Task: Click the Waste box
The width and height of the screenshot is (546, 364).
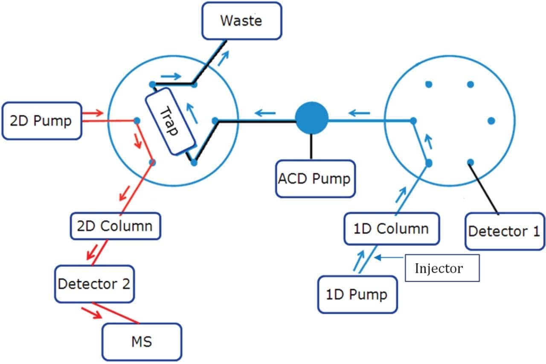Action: click(x=241, y=21)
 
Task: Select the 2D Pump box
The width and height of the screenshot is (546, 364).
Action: click(x=41, y=121)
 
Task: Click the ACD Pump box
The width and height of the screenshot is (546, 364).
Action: click(x=315, y=178)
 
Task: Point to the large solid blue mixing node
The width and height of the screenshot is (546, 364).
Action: click(x=312, y=118)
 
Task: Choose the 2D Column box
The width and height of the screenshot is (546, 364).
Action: click(x=115, y=226)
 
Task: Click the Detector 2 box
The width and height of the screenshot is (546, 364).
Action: click(x=94, y=283)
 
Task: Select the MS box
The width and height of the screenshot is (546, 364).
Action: click(x=142, y=341)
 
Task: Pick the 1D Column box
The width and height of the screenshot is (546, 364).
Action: click(x=392, y=229)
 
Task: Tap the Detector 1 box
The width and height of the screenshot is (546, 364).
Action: click(x=504, y=231)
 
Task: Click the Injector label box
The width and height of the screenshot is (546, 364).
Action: click(x=441, y=268)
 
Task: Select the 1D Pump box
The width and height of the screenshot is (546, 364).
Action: click(x=357, y=294)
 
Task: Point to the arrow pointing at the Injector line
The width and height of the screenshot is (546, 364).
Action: click(x=388, y=257)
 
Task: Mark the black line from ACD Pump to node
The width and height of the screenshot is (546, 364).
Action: click(x=312, y=146)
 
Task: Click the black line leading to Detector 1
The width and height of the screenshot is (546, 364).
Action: click(x=485, y=188)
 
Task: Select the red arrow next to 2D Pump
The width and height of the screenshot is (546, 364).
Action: click(x=93, y=113)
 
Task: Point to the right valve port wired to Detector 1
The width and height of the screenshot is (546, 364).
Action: click(x=470, y=162)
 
